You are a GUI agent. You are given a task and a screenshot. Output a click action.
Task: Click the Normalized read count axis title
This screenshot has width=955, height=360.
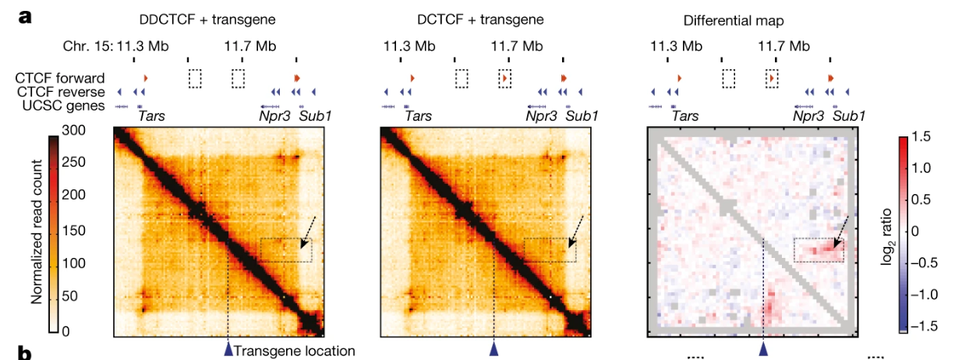click(x=37, y=231)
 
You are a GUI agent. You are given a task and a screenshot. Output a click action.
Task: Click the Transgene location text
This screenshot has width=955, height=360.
click(x=285, y=351)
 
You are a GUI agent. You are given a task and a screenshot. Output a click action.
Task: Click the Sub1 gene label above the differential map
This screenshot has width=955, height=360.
click(x=849, y=117)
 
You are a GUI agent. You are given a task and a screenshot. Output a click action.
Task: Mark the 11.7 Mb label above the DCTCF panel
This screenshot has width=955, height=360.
click(x=516, y=47)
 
